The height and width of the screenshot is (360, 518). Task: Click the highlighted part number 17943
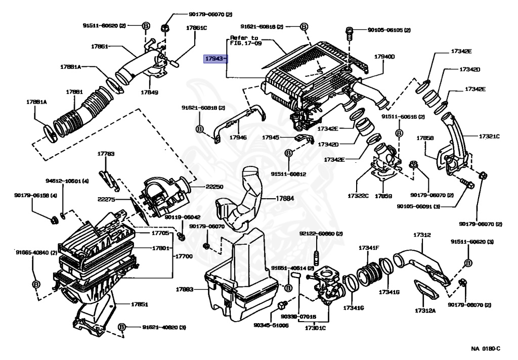(215, 59)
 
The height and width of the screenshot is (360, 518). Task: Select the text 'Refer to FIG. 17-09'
(244, 41)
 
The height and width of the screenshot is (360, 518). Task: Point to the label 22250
(214, 187)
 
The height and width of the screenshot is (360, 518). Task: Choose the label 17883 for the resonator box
(185, 289)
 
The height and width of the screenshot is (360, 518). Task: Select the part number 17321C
(489, 137)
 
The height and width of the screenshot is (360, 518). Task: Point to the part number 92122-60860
(321, 234)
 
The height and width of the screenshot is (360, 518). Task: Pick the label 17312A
(425, 310)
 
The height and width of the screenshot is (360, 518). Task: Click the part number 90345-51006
(272, 325)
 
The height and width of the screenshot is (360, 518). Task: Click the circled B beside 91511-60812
(288, 152)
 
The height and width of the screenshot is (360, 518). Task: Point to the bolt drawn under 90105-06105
(349, 34)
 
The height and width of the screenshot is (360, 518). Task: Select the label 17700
(184, 257)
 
